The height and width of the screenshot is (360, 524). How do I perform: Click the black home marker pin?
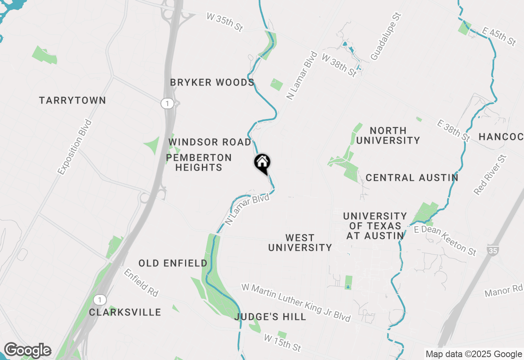(262, 163)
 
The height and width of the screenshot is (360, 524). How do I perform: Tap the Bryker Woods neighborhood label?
(212, 83)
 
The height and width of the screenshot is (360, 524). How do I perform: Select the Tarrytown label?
(72, 101)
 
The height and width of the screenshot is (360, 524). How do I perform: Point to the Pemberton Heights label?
(199, 162)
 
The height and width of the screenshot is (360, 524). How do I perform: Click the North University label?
(388, 135)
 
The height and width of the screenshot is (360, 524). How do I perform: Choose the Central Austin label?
(412, 178)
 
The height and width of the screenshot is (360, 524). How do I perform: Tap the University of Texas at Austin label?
(375, 226)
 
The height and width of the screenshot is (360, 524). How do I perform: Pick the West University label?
(300, 243)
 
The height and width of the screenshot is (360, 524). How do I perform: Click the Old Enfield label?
(173, 263)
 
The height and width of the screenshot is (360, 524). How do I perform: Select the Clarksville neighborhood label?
(125, 313)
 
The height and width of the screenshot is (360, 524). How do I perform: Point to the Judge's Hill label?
(271, 317)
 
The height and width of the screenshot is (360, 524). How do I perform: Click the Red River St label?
(490, 175)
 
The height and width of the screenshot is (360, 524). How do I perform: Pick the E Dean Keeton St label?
(445, 241)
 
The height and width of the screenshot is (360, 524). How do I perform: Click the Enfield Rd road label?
(141, 283)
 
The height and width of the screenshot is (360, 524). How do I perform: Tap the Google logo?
(27, 350)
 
